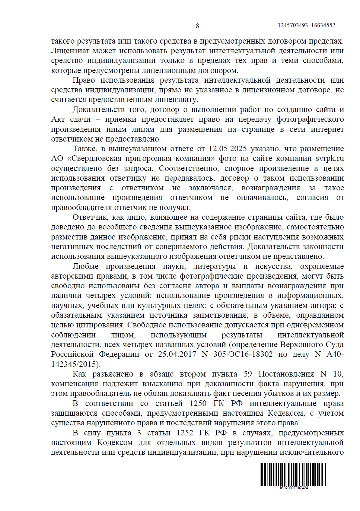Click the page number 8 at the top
click(197, 26)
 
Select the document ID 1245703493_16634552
click(306, 25)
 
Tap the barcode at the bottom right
click(293, 474)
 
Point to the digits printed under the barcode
click(293, 488)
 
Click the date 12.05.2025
click(227, 149)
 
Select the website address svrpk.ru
click(330, 158)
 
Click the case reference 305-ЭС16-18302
click(243, 354)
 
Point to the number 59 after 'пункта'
click(248, 374)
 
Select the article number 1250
click(198, 403)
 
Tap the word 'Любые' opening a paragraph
click(85, 266)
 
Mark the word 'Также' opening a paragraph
click(85, 149)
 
